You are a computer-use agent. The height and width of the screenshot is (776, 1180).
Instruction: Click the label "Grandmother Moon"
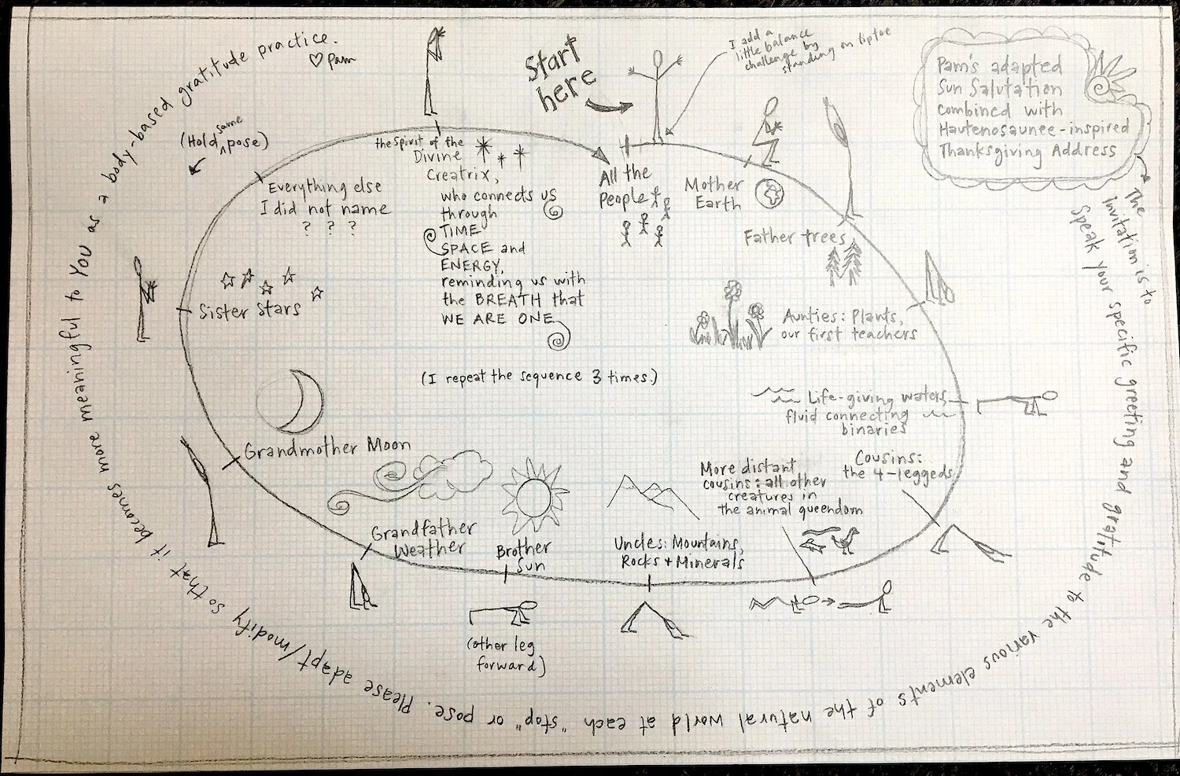[326, 450]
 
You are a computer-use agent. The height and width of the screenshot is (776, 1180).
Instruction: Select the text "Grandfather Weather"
[423, 540]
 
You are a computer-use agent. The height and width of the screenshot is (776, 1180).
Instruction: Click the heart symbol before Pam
[315, 61]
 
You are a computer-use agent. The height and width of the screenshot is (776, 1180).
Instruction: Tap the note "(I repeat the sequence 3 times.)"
[539, 377]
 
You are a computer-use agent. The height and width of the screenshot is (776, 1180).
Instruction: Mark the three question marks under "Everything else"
[326, 228]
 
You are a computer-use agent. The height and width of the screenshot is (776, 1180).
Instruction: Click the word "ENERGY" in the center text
[470, 266]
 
